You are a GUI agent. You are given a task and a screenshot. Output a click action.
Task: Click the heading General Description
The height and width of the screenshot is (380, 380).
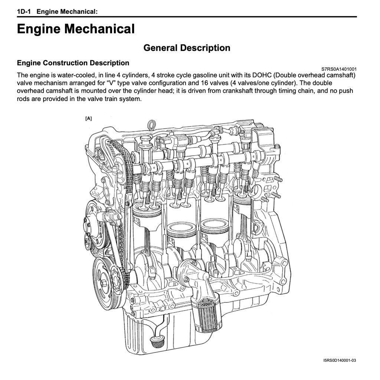coord(187,48)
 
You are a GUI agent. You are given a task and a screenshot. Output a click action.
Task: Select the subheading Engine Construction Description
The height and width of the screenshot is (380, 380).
coord(73,63)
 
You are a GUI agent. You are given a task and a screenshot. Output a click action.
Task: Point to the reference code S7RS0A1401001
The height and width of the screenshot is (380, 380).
coord(339,69)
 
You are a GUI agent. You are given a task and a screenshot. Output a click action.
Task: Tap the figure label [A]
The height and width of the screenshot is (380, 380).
coord(88,118)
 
